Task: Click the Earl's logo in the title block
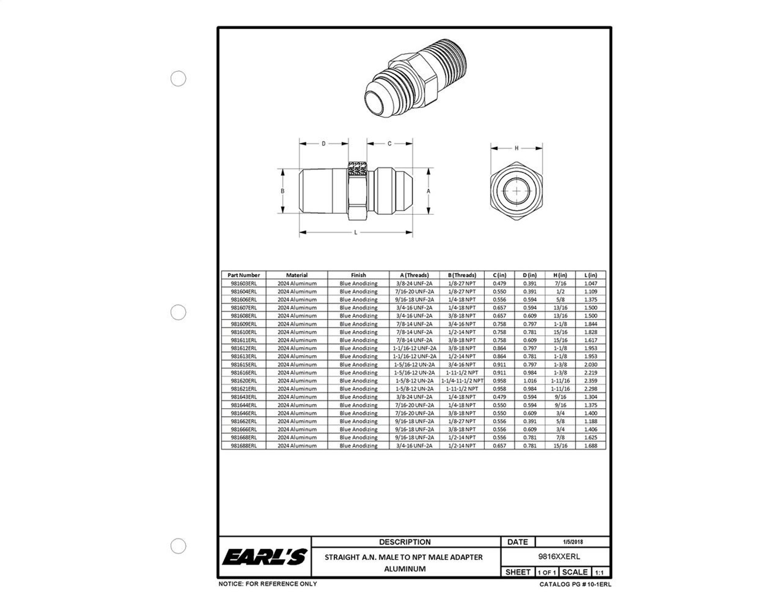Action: click(265, 557)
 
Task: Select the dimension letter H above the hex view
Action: click(516, 148)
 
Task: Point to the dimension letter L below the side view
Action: click(355, 232)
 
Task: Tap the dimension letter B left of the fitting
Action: click(282, 191)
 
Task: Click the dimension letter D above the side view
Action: click(323, 144)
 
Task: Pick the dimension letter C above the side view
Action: click(389, 144)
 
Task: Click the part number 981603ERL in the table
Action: click(244, 283)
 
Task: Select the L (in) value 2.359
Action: click(590, 381)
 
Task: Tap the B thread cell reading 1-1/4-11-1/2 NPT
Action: click(462, 381)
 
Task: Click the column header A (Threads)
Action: click(414, 275)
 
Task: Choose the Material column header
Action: click(297, 275)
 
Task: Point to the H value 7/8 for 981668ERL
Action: click(560, 437)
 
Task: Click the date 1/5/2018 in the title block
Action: click(572, 542)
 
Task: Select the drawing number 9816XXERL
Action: click(559, 556)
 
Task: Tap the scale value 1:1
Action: click(599, 573)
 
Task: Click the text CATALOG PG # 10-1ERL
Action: click(575, 584)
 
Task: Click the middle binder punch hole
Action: click(178, 312)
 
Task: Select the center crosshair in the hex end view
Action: click(516, 191)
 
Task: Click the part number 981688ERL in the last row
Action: click(244, 445)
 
